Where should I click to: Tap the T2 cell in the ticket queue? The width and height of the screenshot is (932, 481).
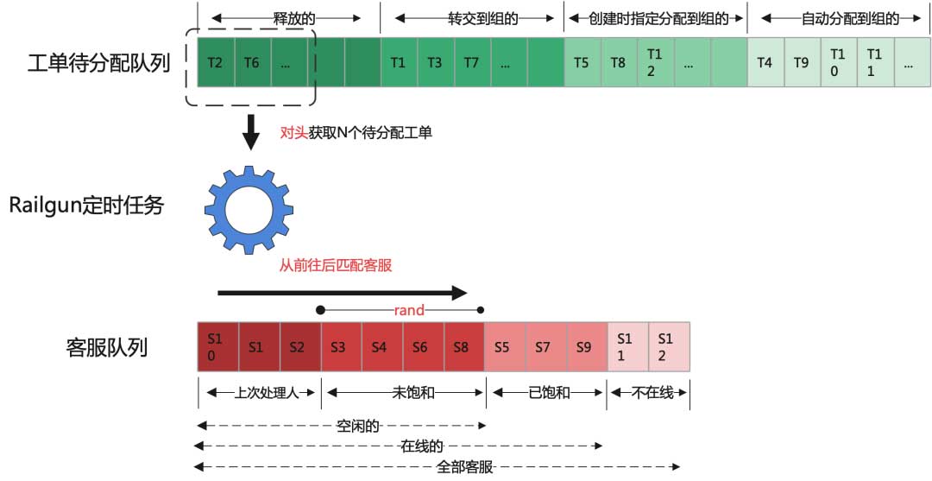(216, 62)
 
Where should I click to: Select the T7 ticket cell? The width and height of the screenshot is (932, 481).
(471, 62)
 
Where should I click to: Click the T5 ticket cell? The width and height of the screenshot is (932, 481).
(582, 62)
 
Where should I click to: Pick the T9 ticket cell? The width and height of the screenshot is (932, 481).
(802, 62)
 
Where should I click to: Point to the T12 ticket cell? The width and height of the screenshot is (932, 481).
(655, 62)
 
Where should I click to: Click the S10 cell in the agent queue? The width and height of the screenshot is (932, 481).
(217, 347)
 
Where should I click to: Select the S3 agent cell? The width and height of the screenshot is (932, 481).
(341, 347)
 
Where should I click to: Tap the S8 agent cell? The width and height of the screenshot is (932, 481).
(463, 347)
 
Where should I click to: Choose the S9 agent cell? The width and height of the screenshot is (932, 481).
(585, 347)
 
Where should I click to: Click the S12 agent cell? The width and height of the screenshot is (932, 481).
(667, 347)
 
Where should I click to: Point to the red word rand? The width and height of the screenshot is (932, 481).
(409, 310)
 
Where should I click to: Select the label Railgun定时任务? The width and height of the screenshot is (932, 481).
(86, 206)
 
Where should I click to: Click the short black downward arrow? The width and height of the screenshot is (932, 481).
(250, 132)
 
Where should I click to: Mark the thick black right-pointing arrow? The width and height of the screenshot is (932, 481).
(342, 293)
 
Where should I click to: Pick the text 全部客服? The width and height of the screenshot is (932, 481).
(465, 467)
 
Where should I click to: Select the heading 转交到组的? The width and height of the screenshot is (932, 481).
(471, 17)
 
